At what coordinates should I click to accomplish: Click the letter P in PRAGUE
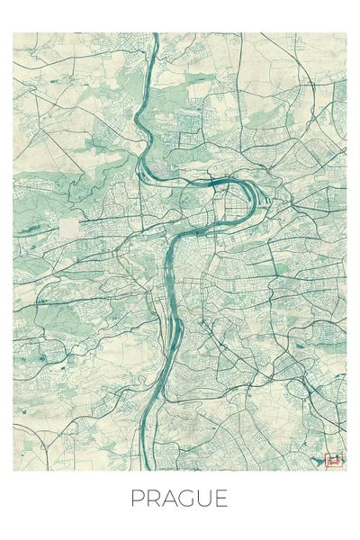pyautogui.click(x=138, y=498)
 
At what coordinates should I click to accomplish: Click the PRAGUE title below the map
pyautogui.click(x=180, y=498)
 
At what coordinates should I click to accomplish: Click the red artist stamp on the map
pyautogui.click(x=334, y=460)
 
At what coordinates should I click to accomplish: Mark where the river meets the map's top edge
pyautogui.click(x=155, y=34)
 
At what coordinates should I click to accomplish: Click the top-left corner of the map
pyautogui.click(x=13, y=33)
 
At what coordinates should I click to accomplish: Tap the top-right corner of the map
pyautogui.click(x=346, y=33)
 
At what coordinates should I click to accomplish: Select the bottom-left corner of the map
pyautogui.click(x=13, y=471)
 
